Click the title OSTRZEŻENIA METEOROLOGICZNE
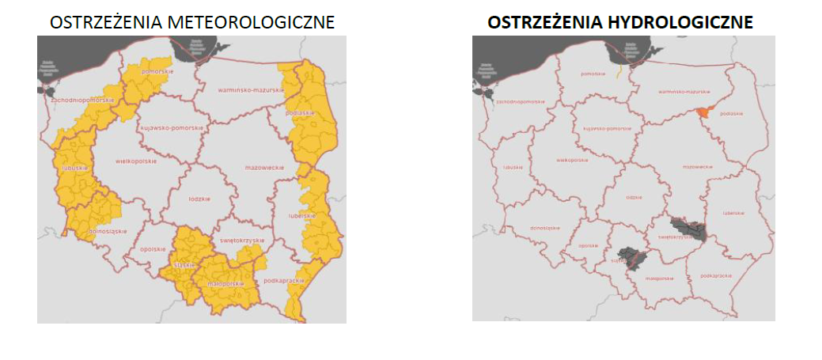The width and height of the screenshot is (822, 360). click(191, 23)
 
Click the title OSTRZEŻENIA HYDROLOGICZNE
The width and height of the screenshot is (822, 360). click(620, 23)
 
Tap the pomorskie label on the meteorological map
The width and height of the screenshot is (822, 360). click(157, 72)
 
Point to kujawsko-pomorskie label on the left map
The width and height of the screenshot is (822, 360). click(172, 127)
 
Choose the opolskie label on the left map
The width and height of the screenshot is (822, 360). click(150, 249)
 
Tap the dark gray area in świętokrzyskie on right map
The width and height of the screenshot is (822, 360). click(687, 229)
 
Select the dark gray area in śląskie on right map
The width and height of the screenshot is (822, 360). click(632, 257)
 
